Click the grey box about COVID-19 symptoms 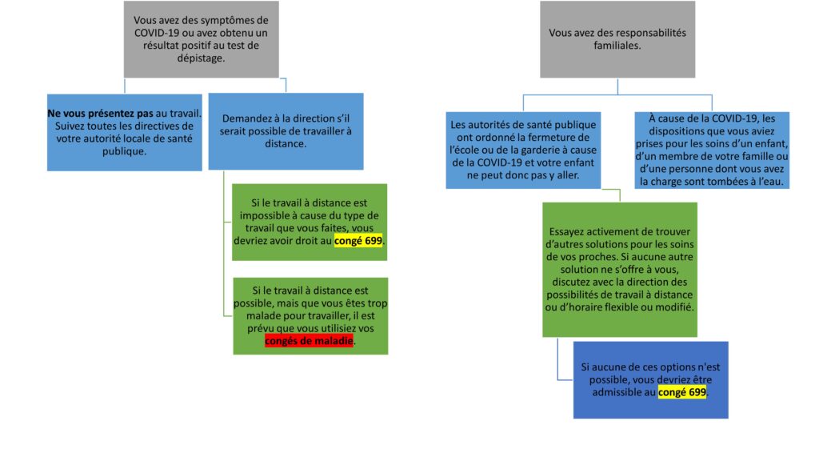[x=201, y=39]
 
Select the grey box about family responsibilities [x=617, y=39]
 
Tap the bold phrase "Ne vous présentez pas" [x=100, y=114]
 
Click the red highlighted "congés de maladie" [x=309, y=341]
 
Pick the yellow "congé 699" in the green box [x=358, y=241]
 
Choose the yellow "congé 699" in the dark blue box [x=682, y=392]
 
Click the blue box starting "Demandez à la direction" [x=286, y=131]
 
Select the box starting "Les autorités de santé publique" [x=523, y=150]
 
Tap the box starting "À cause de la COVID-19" [x=712, y=150]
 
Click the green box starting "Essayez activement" [x=620, y=269]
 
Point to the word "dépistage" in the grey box [x=200, y=58]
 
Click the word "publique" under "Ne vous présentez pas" [x=124, y=151]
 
